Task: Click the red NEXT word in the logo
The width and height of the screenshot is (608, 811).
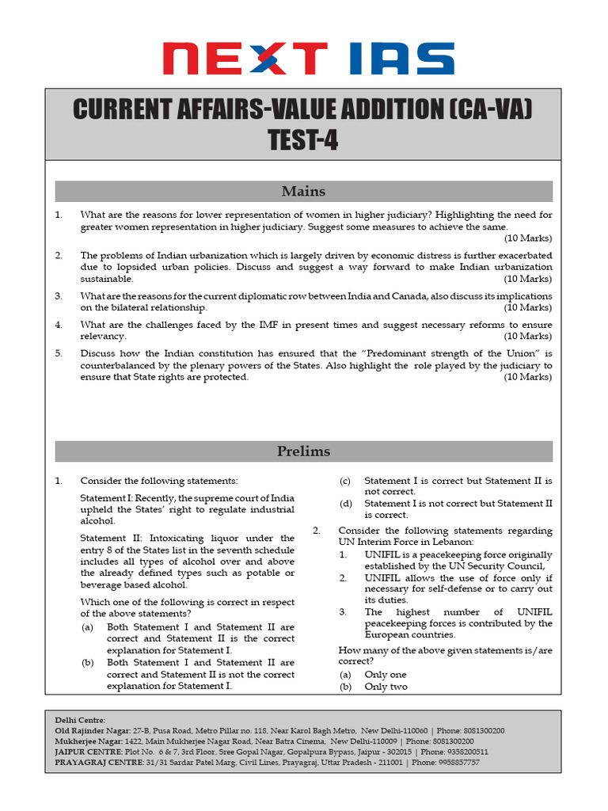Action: coord(245,59)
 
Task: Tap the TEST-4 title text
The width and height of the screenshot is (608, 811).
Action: coord(303,139)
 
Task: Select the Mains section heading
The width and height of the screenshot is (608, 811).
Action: coord(303,192)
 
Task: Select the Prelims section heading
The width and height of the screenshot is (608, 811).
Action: coord(303,451)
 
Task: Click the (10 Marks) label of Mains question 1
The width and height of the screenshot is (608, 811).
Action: coord(528,238)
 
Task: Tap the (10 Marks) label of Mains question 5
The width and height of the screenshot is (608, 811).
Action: coord(528,377)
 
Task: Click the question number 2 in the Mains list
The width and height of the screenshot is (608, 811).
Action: coord(59,256)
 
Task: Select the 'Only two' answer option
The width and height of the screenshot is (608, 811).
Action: coord(386,687)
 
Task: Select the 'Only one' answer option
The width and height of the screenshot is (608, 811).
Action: coord(386,674)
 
